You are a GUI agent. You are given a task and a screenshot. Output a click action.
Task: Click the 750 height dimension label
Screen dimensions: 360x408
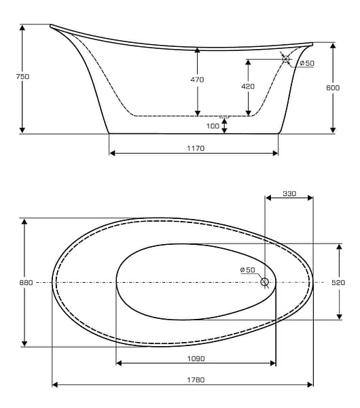point(22,76)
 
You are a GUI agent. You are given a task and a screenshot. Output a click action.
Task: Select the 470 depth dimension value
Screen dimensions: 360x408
point(197,80)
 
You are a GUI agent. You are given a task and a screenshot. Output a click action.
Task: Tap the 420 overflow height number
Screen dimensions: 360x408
point(248,86)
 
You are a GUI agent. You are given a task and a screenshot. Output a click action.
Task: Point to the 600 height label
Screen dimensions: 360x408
point(333,88)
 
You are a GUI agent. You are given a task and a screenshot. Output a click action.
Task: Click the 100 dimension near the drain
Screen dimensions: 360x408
point(213,126)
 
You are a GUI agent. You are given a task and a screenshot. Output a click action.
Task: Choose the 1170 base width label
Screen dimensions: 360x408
point(196,148)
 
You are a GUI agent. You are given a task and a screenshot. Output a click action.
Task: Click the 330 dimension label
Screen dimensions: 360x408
point(289,194)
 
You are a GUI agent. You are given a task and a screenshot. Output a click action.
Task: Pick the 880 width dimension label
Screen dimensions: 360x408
point(26,282)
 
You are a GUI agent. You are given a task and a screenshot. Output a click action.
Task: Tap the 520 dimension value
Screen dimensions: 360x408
point(338,282)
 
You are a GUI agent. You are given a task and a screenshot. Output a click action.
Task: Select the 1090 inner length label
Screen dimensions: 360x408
point(196,358)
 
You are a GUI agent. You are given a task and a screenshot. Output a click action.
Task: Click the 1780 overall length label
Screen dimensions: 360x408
point(196,380)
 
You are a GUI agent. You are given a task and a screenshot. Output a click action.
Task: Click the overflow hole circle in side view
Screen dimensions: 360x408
point(286,59)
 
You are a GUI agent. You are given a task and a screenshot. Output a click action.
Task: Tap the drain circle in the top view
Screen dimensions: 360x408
point(265,282)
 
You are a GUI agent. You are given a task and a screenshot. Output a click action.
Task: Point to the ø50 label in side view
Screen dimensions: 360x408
point(307,63)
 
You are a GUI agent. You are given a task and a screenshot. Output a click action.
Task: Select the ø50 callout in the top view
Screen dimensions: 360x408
point(247,270)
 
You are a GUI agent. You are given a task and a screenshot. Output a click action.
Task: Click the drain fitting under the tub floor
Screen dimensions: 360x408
point(224,118)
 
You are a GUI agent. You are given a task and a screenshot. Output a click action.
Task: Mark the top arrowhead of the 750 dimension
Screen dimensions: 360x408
point(22,28)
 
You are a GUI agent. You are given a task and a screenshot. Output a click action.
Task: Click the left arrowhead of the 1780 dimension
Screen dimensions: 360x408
point(55,384)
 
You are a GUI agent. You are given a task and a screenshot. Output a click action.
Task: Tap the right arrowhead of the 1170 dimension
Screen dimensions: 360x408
point(275,153)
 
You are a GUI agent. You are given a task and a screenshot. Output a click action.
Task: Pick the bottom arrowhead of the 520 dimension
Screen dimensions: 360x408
point(339,316)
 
